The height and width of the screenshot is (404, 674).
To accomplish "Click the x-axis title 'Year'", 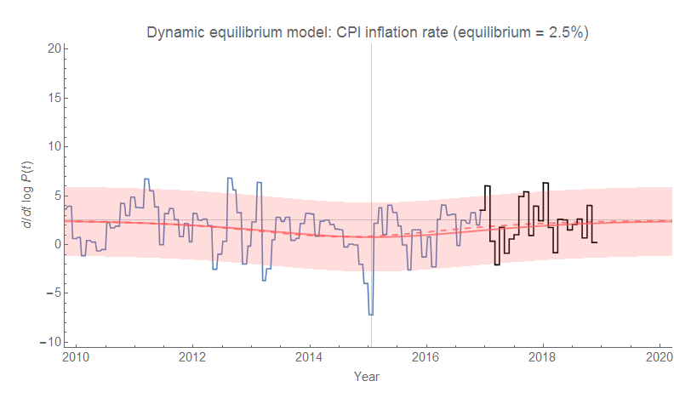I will pyautogui.click(x=367, y=376).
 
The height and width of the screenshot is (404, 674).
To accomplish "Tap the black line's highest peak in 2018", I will pyautogui.click(x=545, y=183).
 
